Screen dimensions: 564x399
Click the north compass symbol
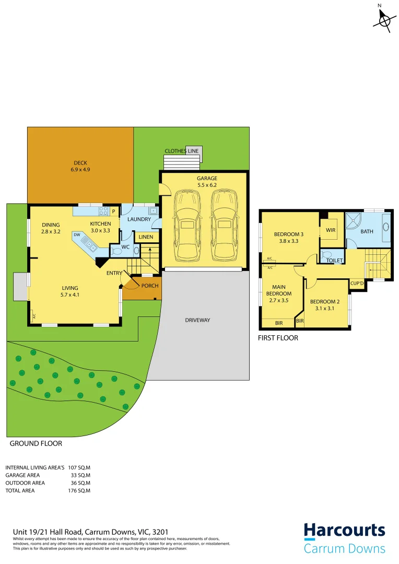tap(385, 20)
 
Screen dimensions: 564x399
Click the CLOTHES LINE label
tap(182, 151)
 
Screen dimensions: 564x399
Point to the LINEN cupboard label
tap(146, 237)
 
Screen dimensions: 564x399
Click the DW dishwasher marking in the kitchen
tap(77, 235)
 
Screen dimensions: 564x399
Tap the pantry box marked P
tap(113, 211)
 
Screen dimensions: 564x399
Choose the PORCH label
tap(150, 286)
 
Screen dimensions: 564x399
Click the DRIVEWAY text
tap(197, 320)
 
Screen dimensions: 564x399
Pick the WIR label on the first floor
tap(330, 230)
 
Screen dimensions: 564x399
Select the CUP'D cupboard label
tap(357, 283)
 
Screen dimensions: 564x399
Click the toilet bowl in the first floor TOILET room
tap(327, 255)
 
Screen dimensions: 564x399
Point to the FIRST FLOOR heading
tap(278, 338)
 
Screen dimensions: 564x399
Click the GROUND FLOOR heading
tap(36, 443)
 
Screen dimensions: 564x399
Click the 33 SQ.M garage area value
tap(81, 475)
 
